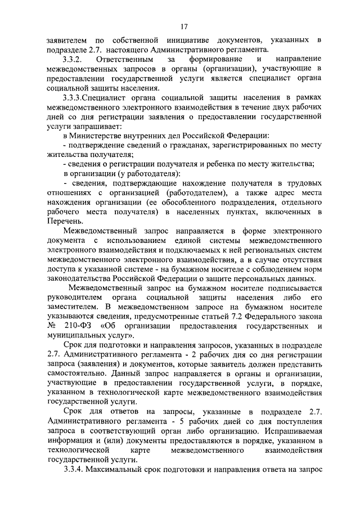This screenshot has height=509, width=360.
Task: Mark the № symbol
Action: click(x=52, y=326)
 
